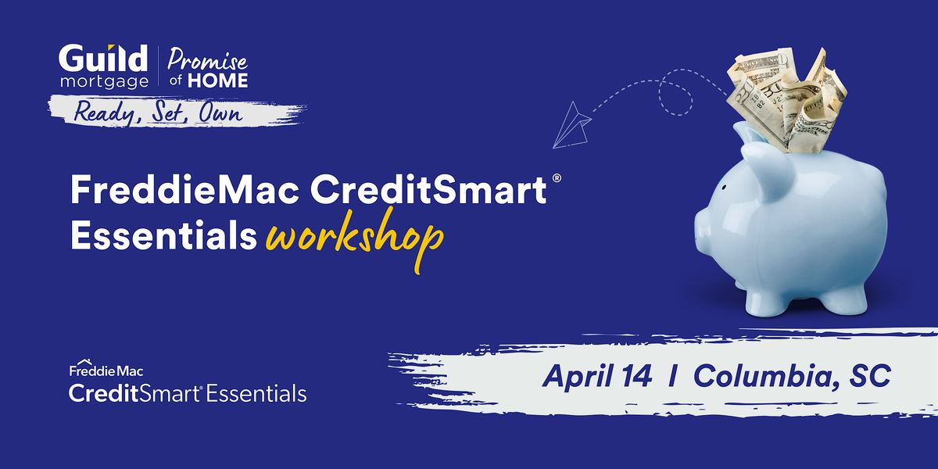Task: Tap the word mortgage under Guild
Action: (x=104, y=81)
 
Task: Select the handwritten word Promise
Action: (x=207, y=60)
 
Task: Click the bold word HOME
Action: (x=218, y=81)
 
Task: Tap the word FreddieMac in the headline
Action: (x=184, y=190)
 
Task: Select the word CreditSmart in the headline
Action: (x=428, y=190)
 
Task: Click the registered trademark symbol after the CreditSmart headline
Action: (x=557, y=178)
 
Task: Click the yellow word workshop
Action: (x=355, y=238)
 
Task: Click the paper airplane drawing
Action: (x=571, y=126)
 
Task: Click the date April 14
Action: (x=596, y=376)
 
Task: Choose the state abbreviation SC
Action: (x=870, y=376)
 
